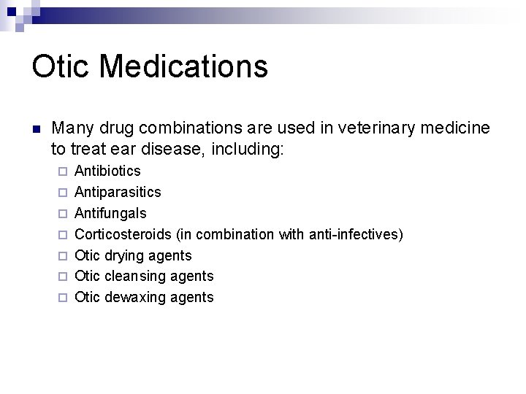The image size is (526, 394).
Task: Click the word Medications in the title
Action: pos(183,66)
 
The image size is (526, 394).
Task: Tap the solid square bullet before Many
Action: pos(36,129)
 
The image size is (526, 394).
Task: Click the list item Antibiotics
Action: pos(108,171)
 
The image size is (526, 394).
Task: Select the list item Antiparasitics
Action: pos(118,193)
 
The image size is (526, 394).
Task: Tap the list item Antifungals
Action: pos(110,213)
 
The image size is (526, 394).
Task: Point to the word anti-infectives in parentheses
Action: pos(352,234)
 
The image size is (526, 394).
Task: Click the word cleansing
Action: pos(134,276)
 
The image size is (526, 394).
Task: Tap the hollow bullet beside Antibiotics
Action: pos(62,171)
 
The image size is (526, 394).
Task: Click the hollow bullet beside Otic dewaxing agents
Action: pos(62,297)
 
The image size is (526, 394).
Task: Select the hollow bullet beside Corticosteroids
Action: pos(62,234)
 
